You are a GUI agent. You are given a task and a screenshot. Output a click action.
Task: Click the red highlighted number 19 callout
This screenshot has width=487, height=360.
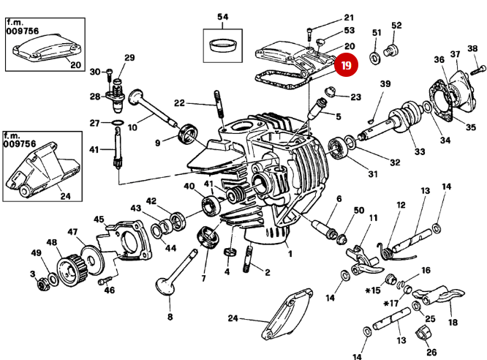tap(346, 66)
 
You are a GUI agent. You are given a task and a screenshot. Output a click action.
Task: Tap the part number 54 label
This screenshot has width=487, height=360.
tap(223, 15)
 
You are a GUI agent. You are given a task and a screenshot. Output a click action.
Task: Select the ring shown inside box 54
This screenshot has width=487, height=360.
tap(222, 45)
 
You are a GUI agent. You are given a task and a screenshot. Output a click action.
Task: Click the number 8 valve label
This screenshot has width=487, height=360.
tap(170, 318)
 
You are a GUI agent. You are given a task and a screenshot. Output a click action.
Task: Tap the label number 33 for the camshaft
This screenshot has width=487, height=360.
tap(419, 151)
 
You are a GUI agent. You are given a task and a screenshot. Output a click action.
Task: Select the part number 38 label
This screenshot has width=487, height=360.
tap(472, 49)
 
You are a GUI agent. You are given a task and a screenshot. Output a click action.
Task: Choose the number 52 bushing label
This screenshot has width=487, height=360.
tap(396, 26)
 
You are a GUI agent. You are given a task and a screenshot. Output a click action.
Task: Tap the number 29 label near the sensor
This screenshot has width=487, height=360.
tap(129, 58)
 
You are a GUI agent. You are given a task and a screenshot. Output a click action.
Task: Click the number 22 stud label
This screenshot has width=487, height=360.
tap(179, 102)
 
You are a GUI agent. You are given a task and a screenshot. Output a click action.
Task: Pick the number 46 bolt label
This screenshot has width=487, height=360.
tap(110, 290)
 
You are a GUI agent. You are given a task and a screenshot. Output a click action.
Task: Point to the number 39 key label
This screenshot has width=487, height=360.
tap(385, 86)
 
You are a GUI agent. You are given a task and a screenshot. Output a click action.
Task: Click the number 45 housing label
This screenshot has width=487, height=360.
tap(99, 218)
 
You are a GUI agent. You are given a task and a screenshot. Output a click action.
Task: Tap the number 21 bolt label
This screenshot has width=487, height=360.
tap(348, 17)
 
